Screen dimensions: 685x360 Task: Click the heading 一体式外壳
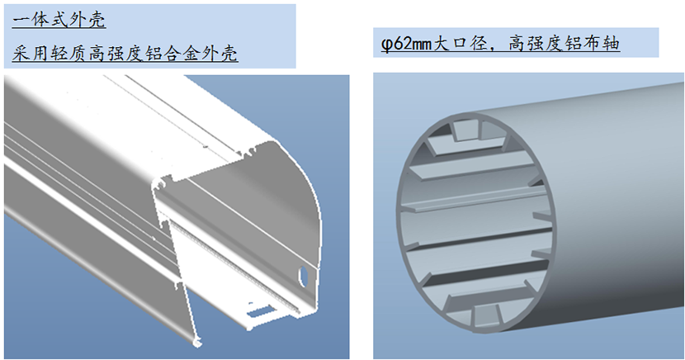click(59, 20)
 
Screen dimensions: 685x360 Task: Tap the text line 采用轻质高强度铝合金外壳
click(125, 54)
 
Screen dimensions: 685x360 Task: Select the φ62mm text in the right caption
click(406, 44)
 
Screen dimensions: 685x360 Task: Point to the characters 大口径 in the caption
click(461, 44)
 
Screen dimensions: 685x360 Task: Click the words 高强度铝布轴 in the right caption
click(565, 44)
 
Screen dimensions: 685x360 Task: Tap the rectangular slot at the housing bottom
click(260, 311)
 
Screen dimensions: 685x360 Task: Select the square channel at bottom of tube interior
click(485, 315)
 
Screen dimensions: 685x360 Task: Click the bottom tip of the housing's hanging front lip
click(197, 343)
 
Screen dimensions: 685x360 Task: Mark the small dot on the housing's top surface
click(205, 147)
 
